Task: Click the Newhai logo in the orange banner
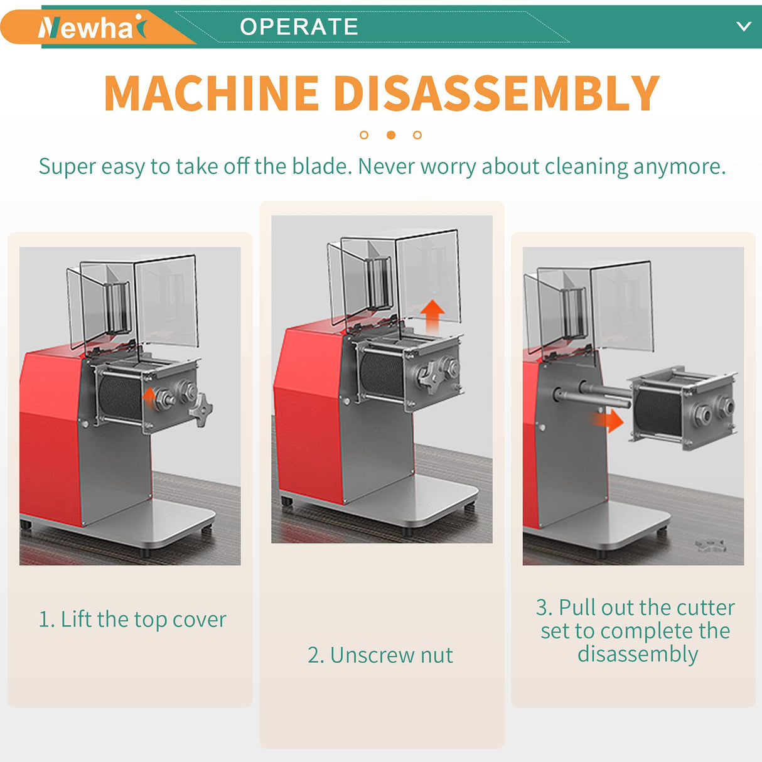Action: (92, 28)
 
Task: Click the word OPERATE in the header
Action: (299, 27)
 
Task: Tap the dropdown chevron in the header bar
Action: (743, 26)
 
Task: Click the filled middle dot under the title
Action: (391, 135)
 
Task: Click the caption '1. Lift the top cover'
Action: (132, 620)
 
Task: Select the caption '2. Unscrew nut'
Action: (380, 655)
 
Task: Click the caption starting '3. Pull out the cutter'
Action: (635, 630)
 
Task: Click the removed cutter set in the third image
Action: (681, 407)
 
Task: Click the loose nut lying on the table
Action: (711, 545)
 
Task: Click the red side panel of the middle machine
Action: (306, 408)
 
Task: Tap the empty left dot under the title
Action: (364, 135)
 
